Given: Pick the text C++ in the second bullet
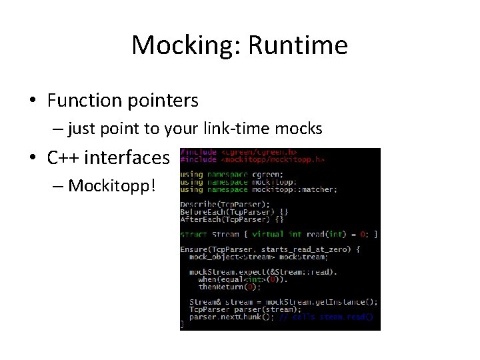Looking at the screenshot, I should click(63, 158).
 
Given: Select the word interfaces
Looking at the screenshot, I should click(127, 158).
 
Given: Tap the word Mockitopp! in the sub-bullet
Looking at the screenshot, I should click(111, 185).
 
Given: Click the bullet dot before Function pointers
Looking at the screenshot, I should click(32, 101).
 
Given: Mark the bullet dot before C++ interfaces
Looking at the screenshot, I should click(32, 159).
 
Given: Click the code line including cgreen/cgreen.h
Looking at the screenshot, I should click(239, 153).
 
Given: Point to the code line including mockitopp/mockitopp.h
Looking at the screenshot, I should click(252, 160).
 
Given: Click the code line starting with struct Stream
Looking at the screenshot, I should click(279, 234).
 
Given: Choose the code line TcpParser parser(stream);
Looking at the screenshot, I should click(245, 309).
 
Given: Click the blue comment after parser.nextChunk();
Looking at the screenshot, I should click(326, 317).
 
